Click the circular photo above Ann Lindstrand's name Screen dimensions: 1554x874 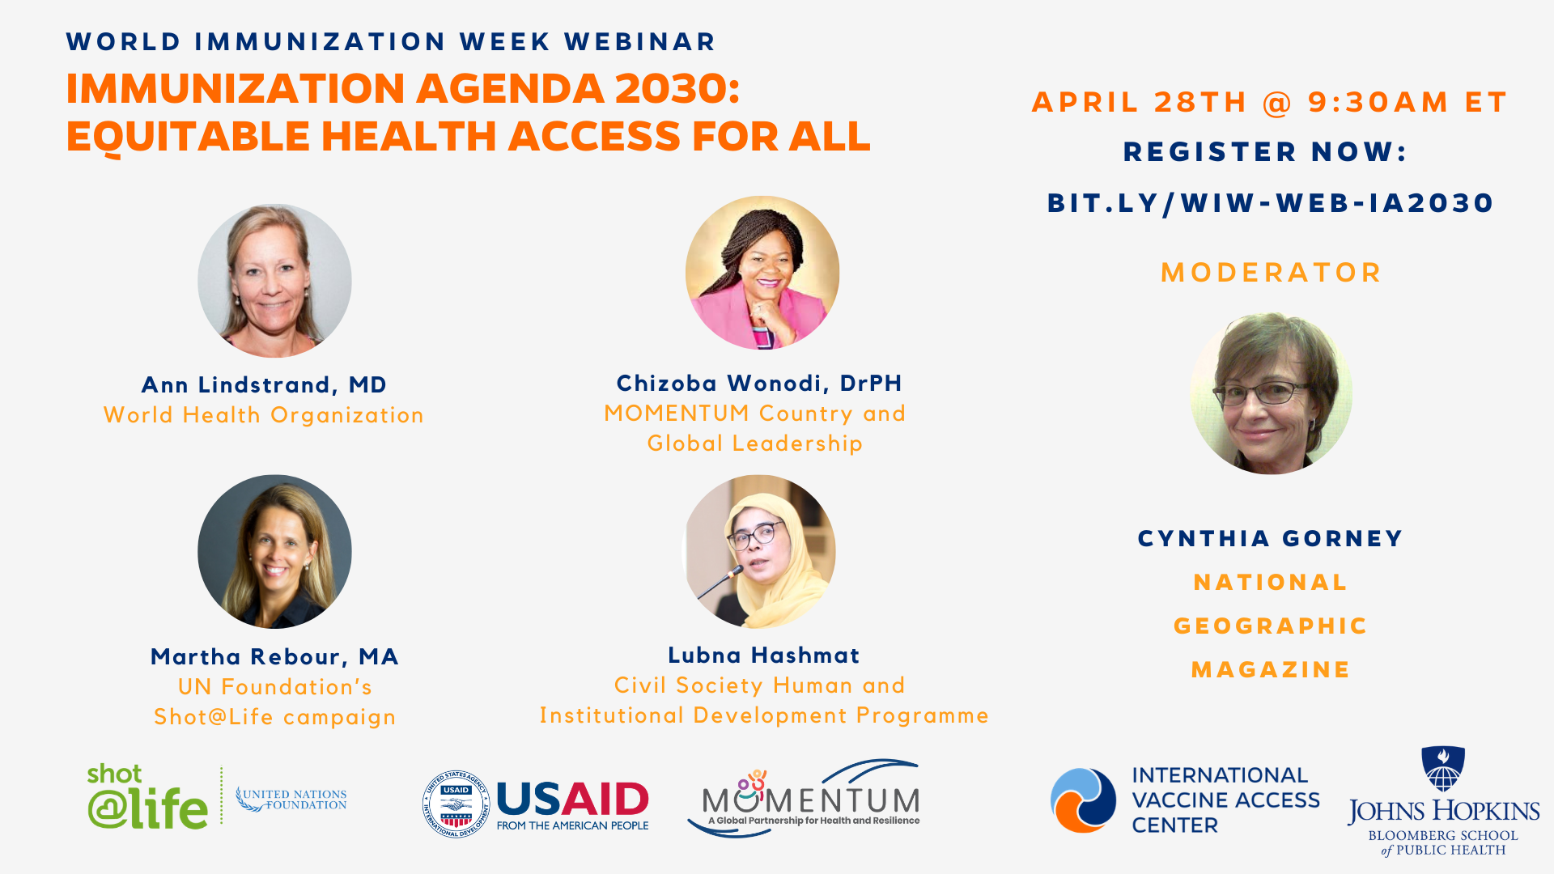click(x=274, y=281)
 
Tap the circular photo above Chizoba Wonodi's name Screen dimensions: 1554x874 click(x=762, y=273)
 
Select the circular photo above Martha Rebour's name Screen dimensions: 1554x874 click(x=274, y=551)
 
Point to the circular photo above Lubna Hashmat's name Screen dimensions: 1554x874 click(x=761, y=551)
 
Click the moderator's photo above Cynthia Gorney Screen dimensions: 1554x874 click(x=1271, y=393)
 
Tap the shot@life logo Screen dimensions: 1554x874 click(x=147, y=796)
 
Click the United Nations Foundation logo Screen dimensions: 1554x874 click(x=291, y=800)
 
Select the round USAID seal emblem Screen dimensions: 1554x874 click(x=456, y=804)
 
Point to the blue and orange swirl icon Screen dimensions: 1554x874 click(x=1084, y=800)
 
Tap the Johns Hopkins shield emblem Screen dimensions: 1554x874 click(x=1443, y=768)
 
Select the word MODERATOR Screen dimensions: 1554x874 click(x=1272, y=273)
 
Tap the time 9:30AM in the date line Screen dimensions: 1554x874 click(x=1378, y=102)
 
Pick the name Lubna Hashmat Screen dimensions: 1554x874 click(x=763, y=655)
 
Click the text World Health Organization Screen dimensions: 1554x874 click(x=264, y=415)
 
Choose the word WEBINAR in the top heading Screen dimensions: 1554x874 click(x=640, y=41)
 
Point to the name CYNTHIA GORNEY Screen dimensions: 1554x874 click(x=1271, y=539)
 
